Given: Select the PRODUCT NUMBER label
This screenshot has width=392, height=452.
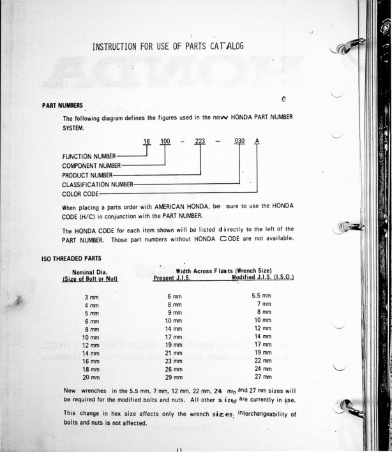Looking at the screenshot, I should pos(87,175).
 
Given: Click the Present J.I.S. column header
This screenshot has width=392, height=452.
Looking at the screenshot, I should pos(174,278).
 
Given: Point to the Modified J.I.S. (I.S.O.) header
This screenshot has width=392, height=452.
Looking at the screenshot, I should pos(262,278).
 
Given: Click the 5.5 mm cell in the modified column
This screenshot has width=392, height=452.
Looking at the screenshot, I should pos(262,296).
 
